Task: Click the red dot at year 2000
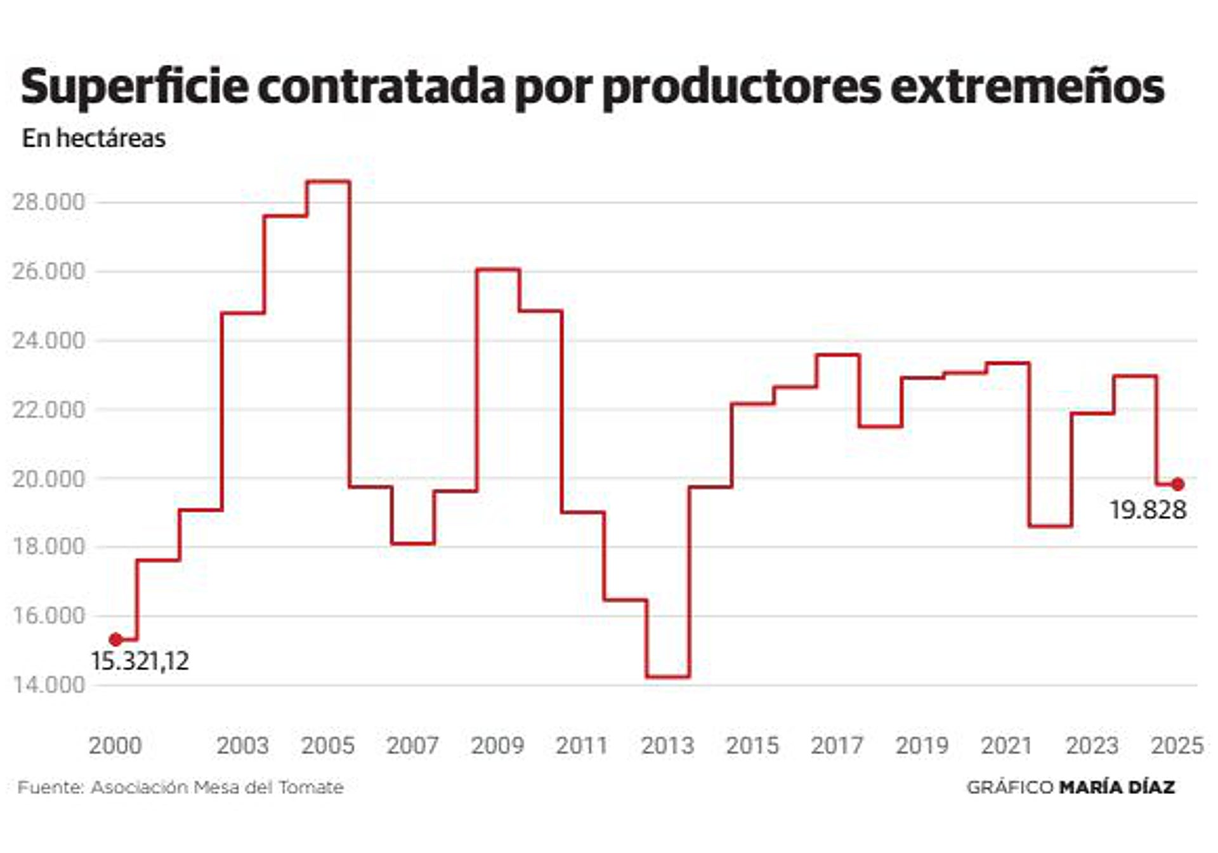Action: [115, 639]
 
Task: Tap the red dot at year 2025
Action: [1177, 484]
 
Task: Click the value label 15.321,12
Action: [140, 661]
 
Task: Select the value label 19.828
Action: [1148, 510]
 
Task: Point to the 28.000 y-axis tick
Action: [48, 202]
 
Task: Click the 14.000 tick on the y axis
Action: [48, 684]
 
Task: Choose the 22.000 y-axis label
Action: [48, 409]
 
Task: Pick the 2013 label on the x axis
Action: [667, 745]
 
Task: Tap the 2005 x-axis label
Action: [327, 745]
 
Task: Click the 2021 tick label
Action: [1006, 745]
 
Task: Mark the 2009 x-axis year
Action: [497, 745]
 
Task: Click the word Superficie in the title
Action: [134, 87]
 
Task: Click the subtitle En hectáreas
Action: [94, 138]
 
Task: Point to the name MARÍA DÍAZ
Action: [1117, 788]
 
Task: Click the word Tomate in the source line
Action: [311, 788]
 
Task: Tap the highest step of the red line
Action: [328, 182]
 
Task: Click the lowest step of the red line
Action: [668, 677]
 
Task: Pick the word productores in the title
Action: [741, 87]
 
